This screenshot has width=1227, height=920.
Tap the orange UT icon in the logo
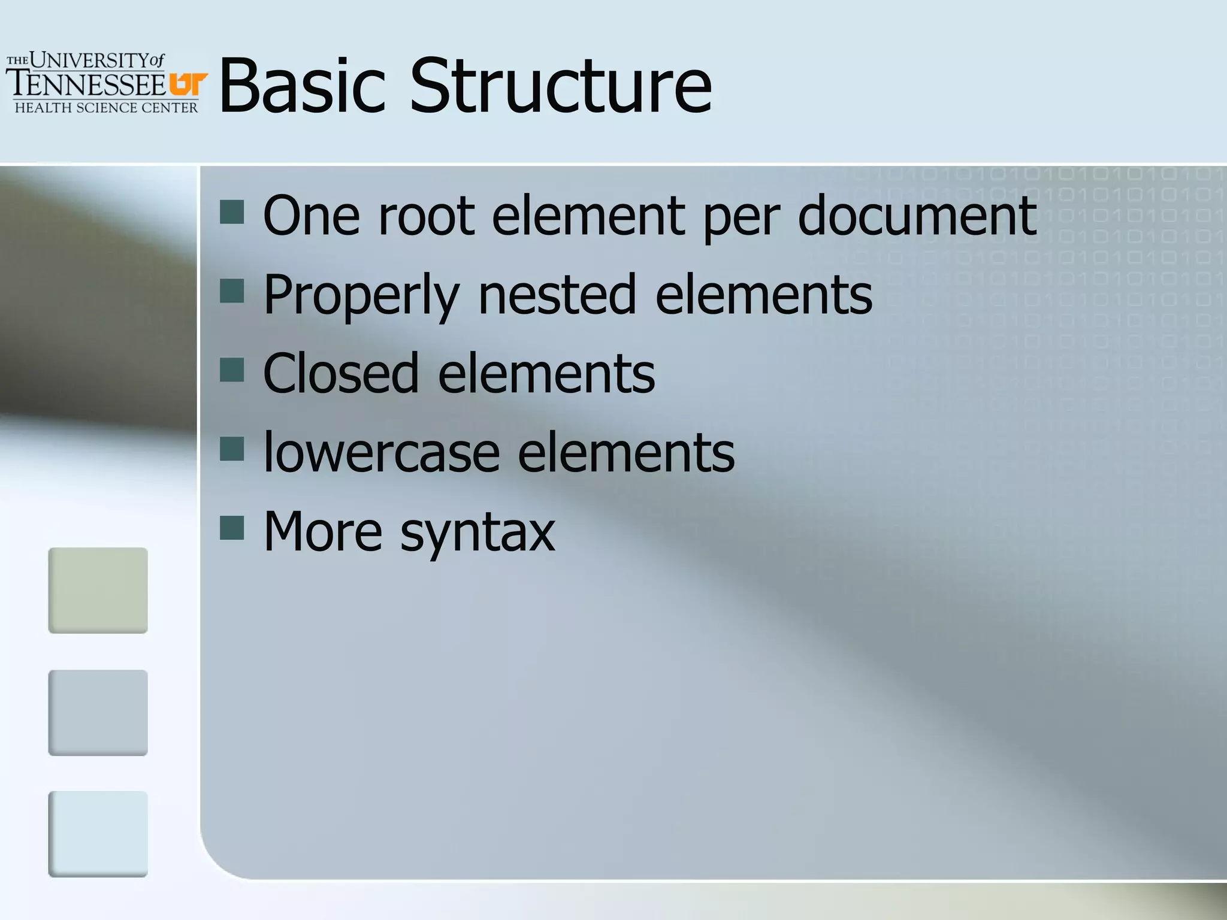[x=188, y=84]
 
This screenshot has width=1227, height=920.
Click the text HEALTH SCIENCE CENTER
[x=106, y=108]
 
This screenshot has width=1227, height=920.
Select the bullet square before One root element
[x=232, y=211]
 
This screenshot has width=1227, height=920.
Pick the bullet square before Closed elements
[x=232, y=370]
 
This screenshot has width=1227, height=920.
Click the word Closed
[x=340, y=374]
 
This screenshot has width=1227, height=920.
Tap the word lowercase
[x=382, y=453]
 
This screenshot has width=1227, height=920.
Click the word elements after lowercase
[x=625, y=453]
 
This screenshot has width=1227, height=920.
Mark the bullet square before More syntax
[x=232, y=528]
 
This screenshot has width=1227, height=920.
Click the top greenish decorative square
[x=98, y=590]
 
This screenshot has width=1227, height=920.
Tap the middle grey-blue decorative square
[x=98, y=712]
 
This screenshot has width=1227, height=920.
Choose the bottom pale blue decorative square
[x=98, y=834]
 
